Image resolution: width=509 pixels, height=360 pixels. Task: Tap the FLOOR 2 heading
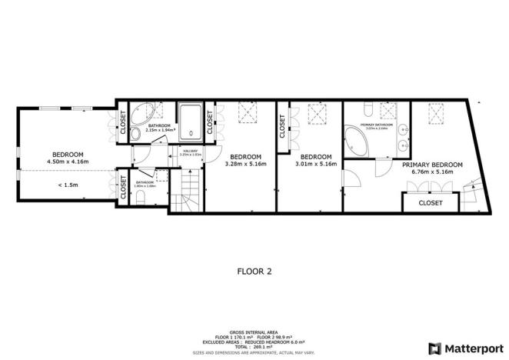coord(254,272)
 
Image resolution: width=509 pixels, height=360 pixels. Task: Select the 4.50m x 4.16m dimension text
coord(68,162)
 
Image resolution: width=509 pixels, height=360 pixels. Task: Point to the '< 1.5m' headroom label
coord(68,185)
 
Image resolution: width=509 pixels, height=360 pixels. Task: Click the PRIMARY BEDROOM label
coord(432,165)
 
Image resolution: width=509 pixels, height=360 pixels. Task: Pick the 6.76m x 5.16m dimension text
coord(432,172)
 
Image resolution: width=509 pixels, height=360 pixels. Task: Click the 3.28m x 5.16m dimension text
coord(245,163)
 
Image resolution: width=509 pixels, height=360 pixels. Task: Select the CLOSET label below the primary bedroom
coord(430,203)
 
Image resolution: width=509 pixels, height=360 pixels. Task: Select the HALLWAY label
coord(189,151)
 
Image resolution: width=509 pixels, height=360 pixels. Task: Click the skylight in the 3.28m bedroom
coord(248,114)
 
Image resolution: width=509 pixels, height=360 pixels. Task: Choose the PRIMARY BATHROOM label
coord(378,125)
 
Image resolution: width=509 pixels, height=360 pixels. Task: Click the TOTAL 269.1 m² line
coord(254,346)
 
